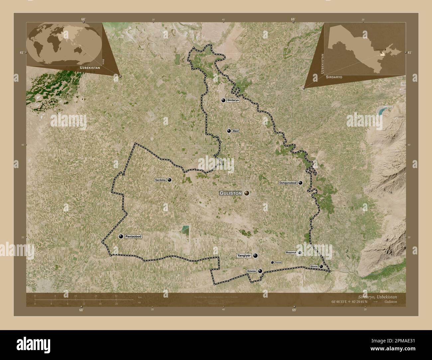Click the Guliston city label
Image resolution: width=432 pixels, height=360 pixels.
click(x=231, y=193)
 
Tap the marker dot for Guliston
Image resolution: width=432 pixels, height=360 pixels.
click(x=247, y=193)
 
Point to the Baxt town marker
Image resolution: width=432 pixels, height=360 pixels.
click(x=229, y=131)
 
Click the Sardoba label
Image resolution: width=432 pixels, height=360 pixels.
click(x=160, y=180)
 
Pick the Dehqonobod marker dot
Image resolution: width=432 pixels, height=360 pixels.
click(x=300, y=183)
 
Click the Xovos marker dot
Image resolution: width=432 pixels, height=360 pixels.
click(x=260, y=271)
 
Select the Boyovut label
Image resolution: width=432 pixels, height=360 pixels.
click(x=290, y=253)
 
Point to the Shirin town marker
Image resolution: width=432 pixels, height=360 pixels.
click(x=321, y=266)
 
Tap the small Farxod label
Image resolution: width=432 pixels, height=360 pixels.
click(x=278, y=262)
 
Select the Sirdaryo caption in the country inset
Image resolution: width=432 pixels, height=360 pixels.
click(x=334, y=77)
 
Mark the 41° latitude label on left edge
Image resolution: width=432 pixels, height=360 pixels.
click(x=22, y=52)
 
